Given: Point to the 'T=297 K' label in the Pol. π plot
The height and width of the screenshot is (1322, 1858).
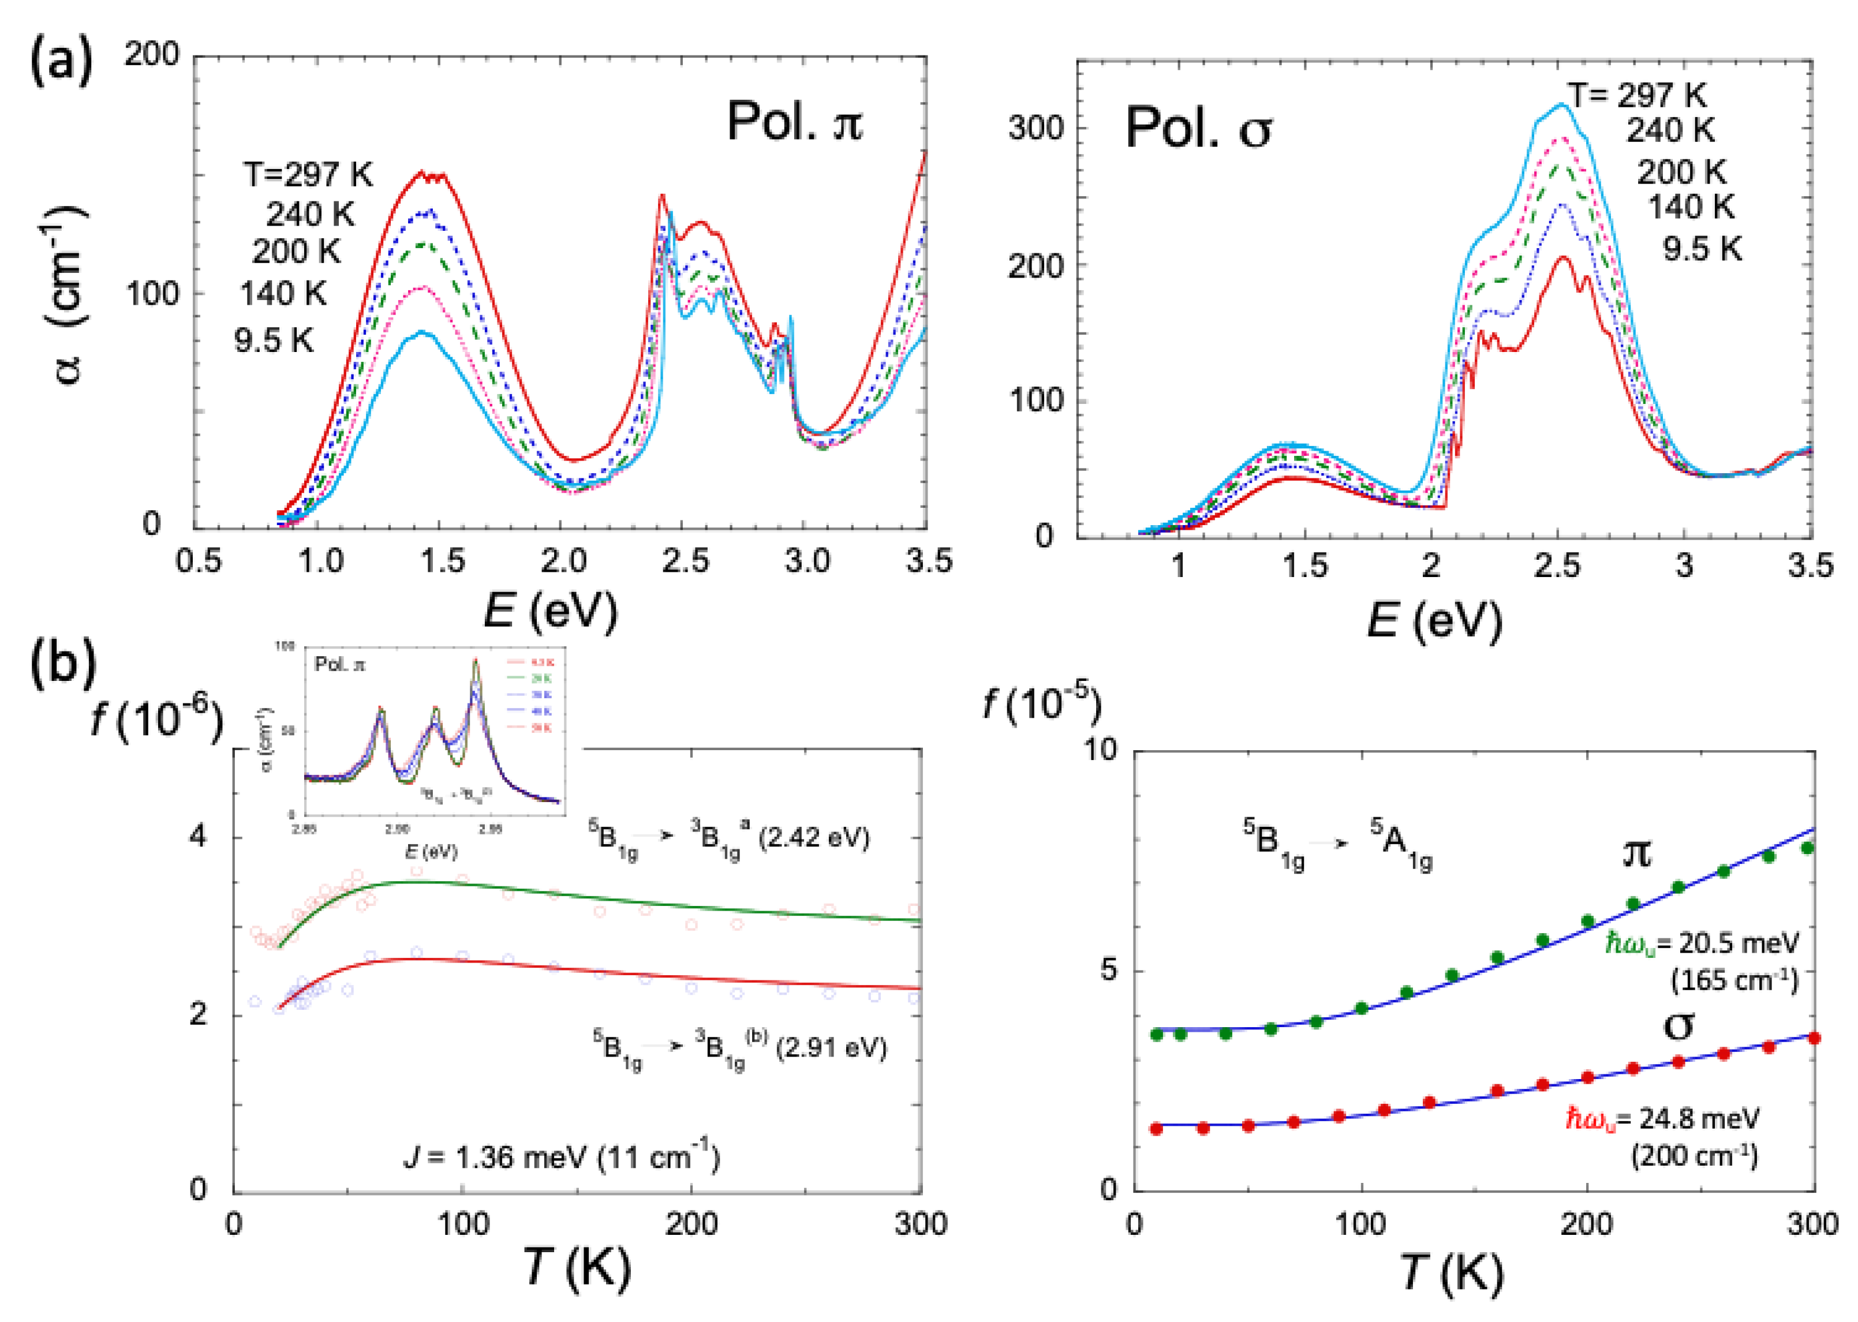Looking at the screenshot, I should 308,174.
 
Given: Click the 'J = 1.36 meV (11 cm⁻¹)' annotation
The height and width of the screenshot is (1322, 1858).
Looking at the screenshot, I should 562,1157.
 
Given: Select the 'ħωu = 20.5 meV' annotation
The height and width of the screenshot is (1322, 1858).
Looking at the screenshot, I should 1702,943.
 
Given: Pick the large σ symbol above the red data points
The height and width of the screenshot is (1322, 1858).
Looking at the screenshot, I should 1677,1026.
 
